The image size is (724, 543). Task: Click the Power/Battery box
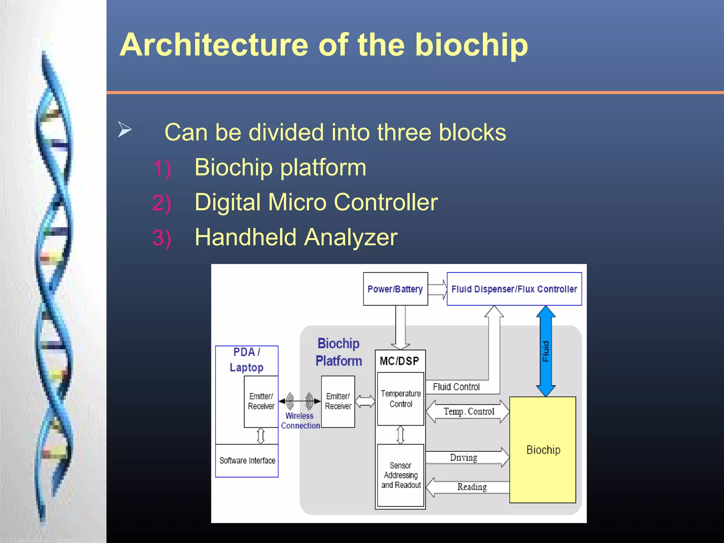[x=395, y=289]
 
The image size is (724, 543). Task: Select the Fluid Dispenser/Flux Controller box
[x=514, y=289]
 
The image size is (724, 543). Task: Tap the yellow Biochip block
[x=543, y=450]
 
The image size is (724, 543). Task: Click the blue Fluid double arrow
[x=546, y=351]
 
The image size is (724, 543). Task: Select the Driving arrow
[x=467, y=457]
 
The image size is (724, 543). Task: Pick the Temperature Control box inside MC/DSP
[x=401, y=399]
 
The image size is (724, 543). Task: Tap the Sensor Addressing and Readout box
[x=401, y=475]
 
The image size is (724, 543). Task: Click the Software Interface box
[x=247, y=460]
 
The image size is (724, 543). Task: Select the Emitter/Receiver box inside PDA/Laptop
[x=261, y=401]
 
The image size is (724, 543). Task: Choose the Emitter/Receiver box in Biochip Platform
[x=338, y=401]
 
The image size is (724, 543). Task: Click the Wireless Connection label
[x=300, y=421]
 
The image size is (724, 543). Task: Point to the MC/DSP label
[x=399, y=361]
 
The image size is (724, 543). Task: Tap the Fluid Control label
[x=456, y=387]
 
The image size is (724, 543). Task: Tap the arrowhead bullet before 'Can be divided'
[x=124, y=129]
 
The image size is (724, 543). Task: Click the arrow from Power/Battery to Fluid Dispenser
[x=438, y=289]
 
